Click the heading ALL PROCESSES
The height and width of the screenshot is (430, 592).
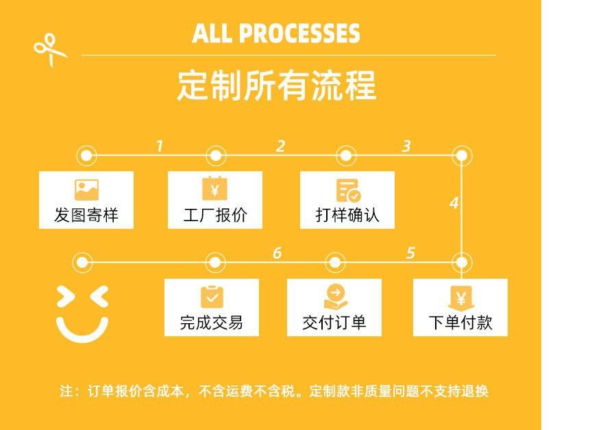tap(276, 33)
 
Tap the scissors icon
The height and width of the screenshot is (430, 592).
tap(49, 50)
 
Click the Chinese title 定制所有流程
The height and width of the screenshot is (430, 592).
tap(276, 86)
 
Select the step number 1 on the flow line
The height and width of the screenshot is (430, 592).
tap(159, 146)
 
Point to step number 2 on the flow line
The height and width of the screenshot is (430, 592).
tap(280, 146)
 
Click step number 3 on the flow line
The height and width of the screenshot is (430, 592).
tap(406, 146)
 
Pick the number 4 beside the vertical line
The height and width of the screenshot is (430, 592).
tap(454, 203)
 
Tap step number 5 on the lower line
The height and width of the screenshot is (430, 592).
tap(410, 253)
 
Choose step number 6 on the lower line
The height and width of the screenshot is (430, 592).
tap(277, 253)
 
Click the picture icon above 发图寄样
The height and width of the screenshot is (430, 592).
tap(86, 190)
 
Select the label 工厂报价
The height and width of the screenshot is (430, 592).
tap(215, 216)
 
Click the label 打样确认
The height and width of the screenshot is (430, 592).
tap(347, 216)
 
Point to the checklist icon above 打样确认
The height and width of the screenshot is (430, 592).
tap(347, 190)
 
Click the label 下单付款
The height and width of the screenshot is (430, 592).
tap(460, 322)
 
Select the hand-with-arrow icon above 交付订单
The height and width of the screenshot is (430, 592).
tap(335, 296)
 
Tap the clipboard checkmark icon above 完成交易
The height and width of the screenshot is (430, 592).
tap(212, 296)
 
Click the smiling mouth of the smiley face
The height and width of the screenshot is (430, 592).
tap(82, 329)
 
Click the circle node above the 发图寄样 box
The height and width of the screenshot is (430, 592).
tap(86, 155)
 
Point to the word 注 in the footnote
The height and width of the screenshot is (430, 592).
tap(66, 392)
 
